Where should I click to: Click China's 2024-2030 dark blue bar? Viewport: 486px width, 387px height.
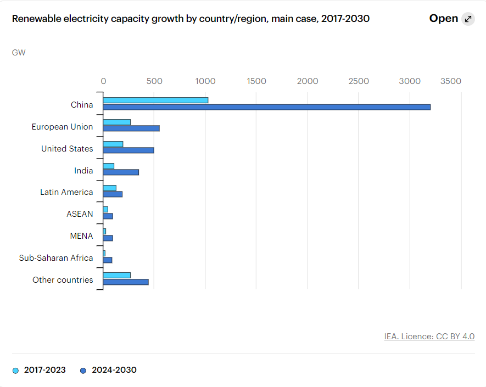[x=266, y=107]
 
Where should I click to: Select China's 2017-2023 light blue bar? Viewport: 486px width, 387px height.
[x=155, y=100]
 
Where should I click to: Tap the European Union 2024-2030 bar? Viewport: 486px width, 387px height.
[x=131, y=128]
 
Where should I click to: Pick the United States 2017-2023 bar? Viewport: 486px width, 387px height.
[x=113, y=144]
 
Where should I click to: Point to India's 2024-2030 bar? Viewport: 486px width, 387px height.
[x=121, y=172]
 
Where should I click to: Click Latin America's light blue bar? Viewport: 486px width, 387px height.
[x=110, y=188]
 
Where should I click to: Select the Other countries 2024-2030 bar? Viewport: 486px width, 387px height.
[x=126, y=282]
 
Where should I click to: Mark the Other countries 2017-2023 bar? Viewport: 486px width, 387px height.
[x=117, y=275]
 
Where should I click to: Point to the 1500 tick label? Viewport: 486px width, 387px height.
[x=256, y=81]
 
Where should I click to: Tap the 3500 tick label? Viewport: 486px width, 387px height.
[x=451, y=81]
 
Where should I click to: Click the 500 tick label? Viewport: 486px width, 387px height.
[x=154, y=81]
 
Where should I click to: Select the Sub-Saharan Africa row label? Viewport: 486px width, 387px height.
[x=56, y=258]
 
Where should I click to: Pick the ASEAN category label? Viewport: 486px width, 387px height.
[x=80, y=214]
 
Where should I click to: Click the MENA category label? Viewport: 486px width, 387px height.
[x=81, y=236]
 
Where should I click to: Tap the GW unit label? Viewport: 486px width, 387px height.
[x=19, y=53]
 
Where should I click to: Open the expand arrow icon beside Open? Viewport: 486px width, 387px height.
[x=468, y=19]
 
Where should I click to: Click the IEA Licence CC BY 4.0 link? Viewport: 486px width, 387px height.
[x=429, y=336]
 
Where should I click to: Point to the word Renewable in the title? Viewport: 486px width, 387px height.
[x=36, y=19]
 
